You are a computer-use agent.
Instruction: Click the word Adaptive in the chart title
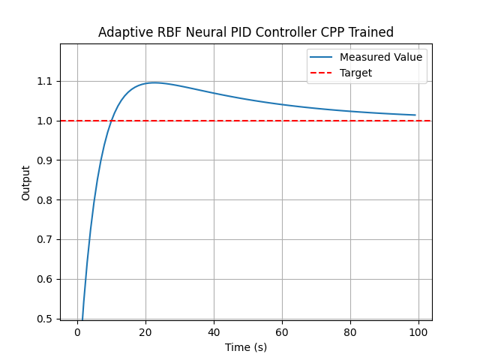click(x=124, y=32)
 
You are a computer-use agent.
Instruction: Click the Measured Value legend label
click(x=380, y=57)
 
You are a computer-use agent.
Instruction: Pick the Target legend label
click(x=355, y=73)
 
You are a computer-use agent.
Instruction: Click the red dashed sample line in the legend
click(x=322, y=73)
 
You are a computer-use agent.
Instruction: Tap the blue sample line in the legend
click(x=322, y=58)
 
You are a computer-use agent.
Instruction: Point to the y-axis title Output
click(x=26, y=182)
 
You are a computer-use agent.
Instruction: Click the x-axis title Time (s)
click(x=246, y=347)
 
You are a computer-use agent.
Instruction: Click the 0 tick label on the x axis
click(x=77, y=332)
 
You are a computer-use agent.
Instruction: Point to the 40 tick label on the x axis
click(x=214, y=332)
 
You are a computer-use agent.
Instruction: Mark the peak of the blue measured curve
click(x=154, y=82)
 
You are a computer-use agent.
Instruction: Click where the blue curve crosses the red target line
click(x=112, y=121)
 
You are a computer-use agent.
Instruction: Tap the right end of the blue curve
click(x=415, y=115)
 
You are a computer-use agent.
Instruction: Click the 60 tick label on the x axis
click(x=282, y=332)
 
